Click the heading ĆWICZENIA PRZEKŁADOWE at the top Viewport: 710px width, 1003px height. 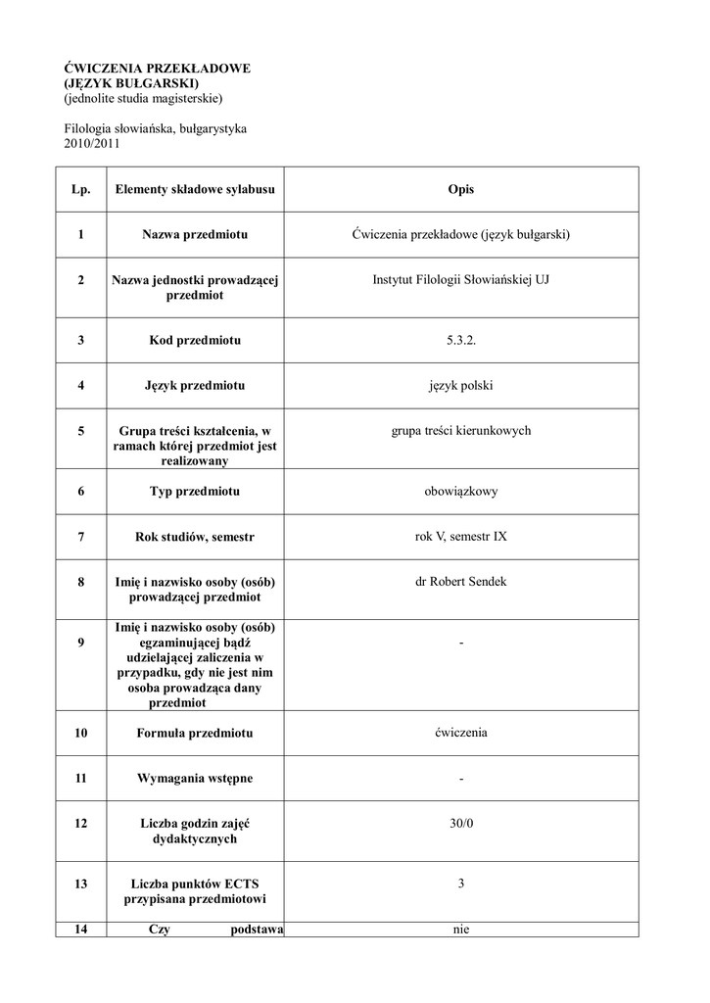[158, 69]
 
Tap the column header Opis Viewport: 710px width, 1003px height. [460, 190]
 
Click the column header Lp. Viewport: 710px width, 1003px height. [80, 190]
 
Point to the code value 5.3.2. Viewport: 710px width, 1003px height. [460, 340]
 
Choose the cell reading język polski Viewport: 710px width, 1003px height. [460, 386]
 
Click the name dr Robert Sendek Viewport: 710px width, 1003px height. [460, 582]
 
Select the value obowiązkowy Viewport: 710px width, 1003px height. [460, 491]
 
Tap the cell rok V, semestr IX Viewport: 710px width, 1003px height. [460, 537]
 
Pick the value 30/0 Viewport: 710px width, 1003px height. [460, 824]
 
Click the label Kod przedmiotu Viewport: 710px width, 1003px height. [195, 340]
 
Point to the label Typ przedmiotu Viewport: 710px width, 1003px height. [195, 491]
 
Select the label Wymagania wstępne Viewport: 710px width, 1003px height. [195, 778]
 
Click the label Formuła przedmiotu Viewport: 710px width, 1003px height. [195, 733]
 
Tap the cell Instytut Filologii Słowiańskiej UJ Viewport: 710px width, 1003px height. [460, 280]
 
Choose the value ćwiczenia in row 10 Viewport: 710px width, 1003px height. [460, 733]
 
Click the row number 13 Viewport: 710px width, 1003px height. [80, 884]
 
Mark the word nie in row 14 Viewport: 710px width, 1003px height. [461, 930]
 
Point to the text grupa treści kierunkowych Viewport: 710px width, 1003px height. [460, 431]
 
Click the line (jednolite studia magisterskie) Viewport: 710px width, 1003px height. [144, 98]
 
